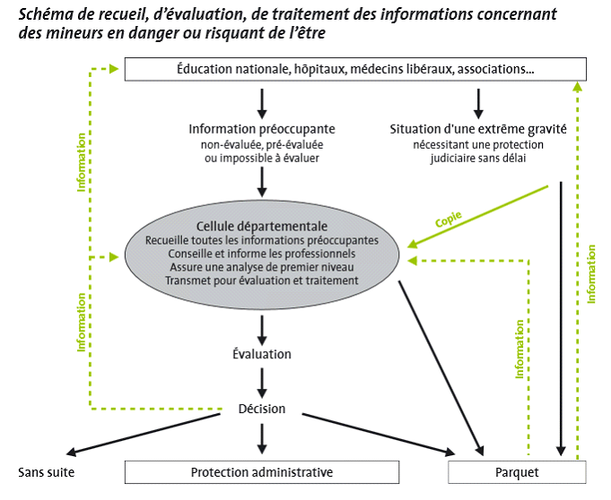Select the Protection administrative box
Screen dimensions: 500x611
262,472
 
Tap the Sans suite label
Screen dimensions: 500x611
47,472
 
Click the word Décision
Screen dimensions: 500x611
262,409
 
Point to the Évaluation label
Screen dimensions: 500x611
262,354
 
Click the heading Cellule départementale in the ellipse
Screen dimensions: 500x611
262,226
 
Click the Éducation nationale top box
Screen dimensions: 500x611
354,69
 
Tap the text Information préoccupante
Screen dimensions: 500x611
262,129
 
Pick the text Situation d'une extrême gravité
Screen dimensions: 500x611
478,129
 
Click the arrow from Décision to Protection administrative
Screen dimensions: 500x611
262,436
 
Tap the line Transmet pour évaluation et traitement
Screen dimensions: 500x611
262,280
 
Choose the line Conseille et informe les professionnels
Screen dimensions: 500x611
262,254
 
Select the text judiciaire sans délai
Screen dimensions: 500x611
477,158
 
